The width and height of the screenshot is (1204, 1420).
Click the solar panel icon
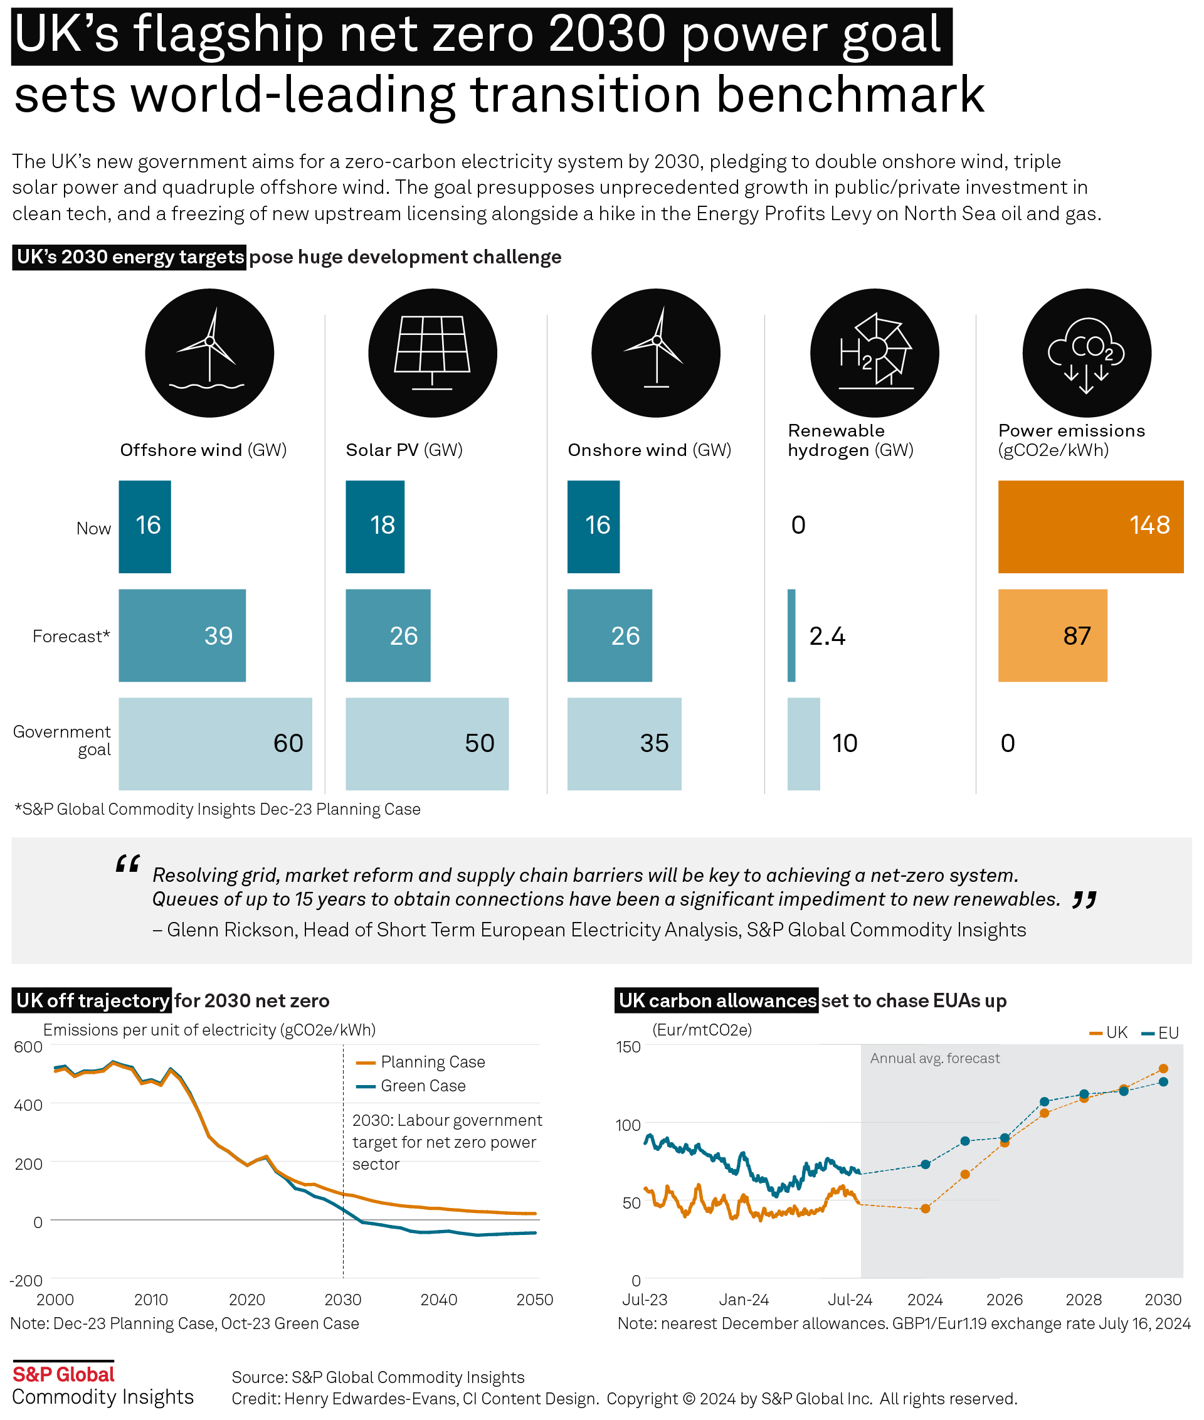tap(433, 353)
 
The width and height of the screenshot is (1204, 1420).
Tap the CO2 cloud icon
tap(1086, 353)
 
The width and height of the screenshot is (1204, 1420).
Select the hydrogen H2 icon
tap(874, 353)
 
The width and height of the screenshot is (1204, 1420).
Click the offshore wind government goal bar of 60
tap(215, 743)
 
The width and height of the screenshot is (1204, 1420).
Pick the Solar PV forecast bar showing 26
tap(388, 635)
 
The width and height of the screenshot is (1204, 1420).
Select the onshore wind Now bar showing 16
tap(593, 526)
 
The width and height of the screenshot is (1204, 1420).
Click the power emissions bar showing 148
tap(1090, 526)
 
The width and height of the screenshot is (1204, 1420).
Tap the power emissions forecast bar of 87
tap(1052, 635)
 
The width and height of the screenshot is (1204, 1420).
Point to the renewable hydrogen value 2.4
tap(827, 636)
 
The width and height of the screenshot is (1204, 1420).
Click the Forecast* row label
tap(71, 636)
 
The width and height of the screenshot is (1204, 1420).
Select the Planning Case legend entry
tap(432, 1062)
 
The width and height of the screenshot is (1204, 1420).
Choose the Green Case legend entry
tap(423, 1086)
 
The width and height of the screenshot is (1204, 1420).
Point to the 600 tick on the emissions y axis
tap(29, 1047)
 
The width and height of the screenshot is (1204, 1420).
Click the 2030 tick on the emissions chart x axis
tap(342, 1299)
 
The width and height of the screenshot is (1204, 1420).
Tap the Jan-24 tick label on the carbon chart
tap(743, 1299)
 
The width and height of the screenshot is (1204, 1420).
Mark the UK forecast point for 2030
tap(1163, 1068)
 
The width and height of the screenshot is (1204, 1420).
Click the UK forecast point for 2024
tap(926, 1209)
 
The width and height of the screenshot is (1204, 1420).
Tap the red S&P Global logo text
tap(63, 1374)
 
